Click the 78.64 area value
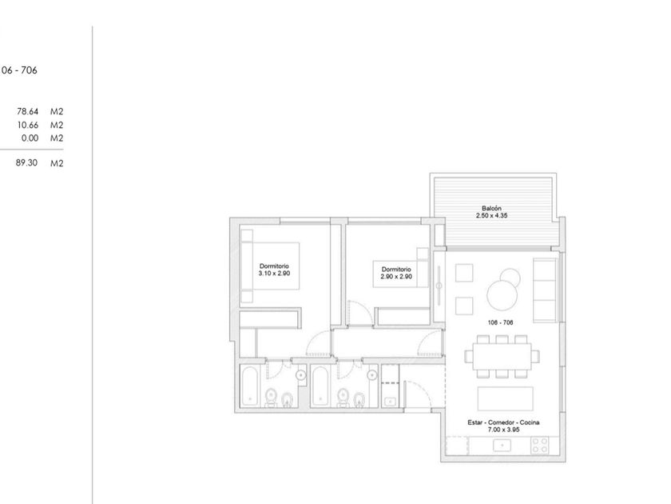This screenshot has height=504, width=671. click(x=28, y=111)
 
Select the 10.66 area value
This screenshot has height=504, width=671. click(x=28, y=125)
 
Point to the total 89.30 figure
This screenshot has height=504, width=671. click(x=26, y=163)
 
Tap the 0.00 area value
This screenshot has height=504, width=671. click(x=30, y=138)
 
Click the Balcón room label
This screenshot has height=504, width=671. click(x=492, y=208)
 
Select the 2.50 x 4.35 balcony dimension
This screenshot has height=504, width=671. click(x=492, y=215)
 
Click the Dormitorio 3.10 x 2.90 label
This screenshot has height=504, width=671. click(x=274, y=270)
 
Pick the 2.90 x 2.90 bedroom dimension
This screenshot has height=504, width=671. click(x=396, y=277)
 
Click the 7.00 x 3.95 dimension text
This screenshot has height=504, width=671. click(x=503, y=430)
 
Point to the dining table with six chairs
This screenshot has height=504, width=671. click(x=502, y=357)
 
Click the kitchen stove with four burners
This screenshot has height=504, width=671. click(x=539, y=446)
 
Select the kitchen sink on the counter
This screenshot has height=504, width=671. click(x=502, y=446)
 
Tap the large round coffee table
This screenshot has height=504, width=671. click(x=502, y=295)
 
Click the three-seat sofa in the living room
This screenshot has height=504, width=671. click(x=544, y=290)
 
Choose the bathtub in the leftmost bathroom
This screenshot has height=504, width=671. click(x=249, y=386)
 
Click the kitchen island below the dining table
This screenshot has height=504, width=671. click(x=506, y=398)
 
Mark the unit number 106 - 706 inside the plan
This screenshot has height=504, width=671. click(x=500, y=322)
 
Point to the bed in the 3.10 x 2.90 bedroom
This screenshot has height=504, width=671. click(x=270, y=266)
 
